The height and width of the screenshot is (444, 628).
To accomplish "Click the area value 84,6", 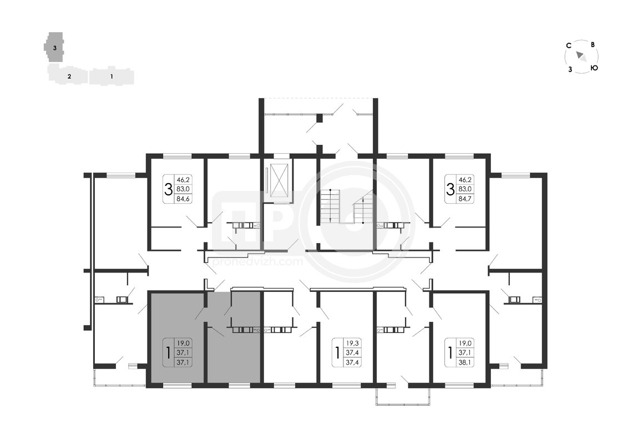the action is pyautogui.click(x=183, y=198).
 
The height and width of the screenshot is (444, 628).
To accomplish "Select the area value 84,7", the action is pyautogui.click(x=464, y=198).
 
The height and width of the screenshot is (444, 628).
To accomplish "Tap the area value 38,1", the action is pyautogui.click(x=464, y=362).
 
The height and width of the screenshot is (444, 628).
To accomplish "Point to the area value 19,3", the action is pyautogui.click(x=352, y=343).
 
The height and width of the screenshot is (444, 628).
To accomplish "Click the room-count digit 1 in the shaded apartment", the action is pyautogui.click(x=168, y=353).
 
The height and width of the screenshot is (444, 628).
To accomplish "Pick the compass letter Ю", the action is pyautogui.click(x=594, y=68).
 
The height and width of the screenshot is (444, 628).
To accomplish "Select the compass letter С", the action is pyautogui.click(x=568, y=46).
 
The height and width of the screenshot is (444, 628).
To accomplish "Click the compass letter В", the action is pyautogui.click(x=592, y=45).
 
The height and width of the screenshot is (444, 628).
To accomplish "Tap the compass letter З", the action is pyautogui.click(x=570, y=69).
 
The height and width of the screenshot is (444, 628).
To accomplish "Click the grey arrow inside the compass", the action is pyautogui.click(x=581, y=57).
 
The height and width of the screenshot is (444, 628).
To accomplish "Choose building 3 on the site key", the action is pyautogui.click(x=54, y=47).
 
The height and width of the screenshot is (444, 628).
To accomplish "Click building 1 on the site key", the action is pyautogui.click(x=112, y=76).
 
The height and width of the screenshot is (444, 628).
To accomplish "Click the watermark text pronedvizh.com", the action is pyautogui.click(x=259, y=262).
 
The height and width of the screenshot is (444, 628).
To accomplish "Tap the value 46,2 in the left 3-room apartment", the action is pyautogui.click(x=183, y=180).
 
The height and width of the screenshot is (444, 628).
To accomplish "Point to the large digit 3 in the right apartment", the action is pyautogui.click(x=450, y=189).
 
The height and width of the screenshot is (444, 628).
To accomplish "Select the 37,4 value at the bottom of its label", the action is pyautogui.click(x=352, y=362).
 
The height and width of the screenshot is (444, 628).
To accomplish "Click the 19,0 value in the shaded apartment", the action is pyautogui.click(x=183, y=343).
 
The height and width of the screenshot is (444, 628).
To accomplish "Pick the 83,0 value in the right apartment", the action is pyautogui.click(x=464, y=189).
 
